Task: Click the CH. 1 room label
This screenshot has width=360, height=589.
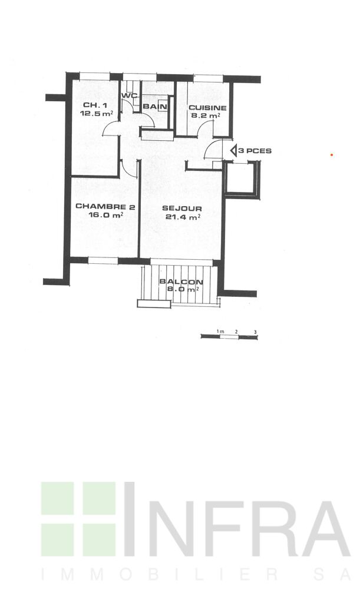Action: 95,105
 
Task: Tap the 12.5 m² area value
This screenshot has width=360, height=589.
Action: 97,113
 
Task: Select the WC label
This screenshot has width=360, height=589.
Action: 129,95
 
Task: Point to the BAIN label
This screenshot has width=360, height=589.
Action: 155,107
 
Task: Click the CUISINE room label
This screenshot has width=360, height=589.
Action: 207,108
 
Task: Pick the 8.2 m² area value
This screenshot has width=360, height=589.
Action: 206,115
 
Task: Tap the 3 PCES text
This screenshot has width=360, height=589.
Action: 255,151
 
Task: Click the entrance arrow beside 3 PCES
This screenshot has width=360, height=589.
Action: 233,151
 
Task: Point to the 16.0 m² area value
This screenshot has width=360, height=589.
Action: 105,215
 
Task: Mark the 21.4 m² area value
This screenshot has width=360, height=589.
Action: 183,217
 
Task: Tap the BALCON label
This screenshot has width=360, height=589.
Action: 181,282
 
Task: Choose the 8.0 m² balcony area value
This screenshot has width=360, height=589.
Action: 182,290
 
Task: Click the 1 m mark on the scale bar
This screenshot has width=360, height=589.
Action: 220,331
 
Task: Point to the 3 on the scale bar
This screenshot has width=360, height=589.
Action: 256,332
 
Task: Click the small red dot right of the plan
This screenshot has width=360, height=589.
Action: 332,154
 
